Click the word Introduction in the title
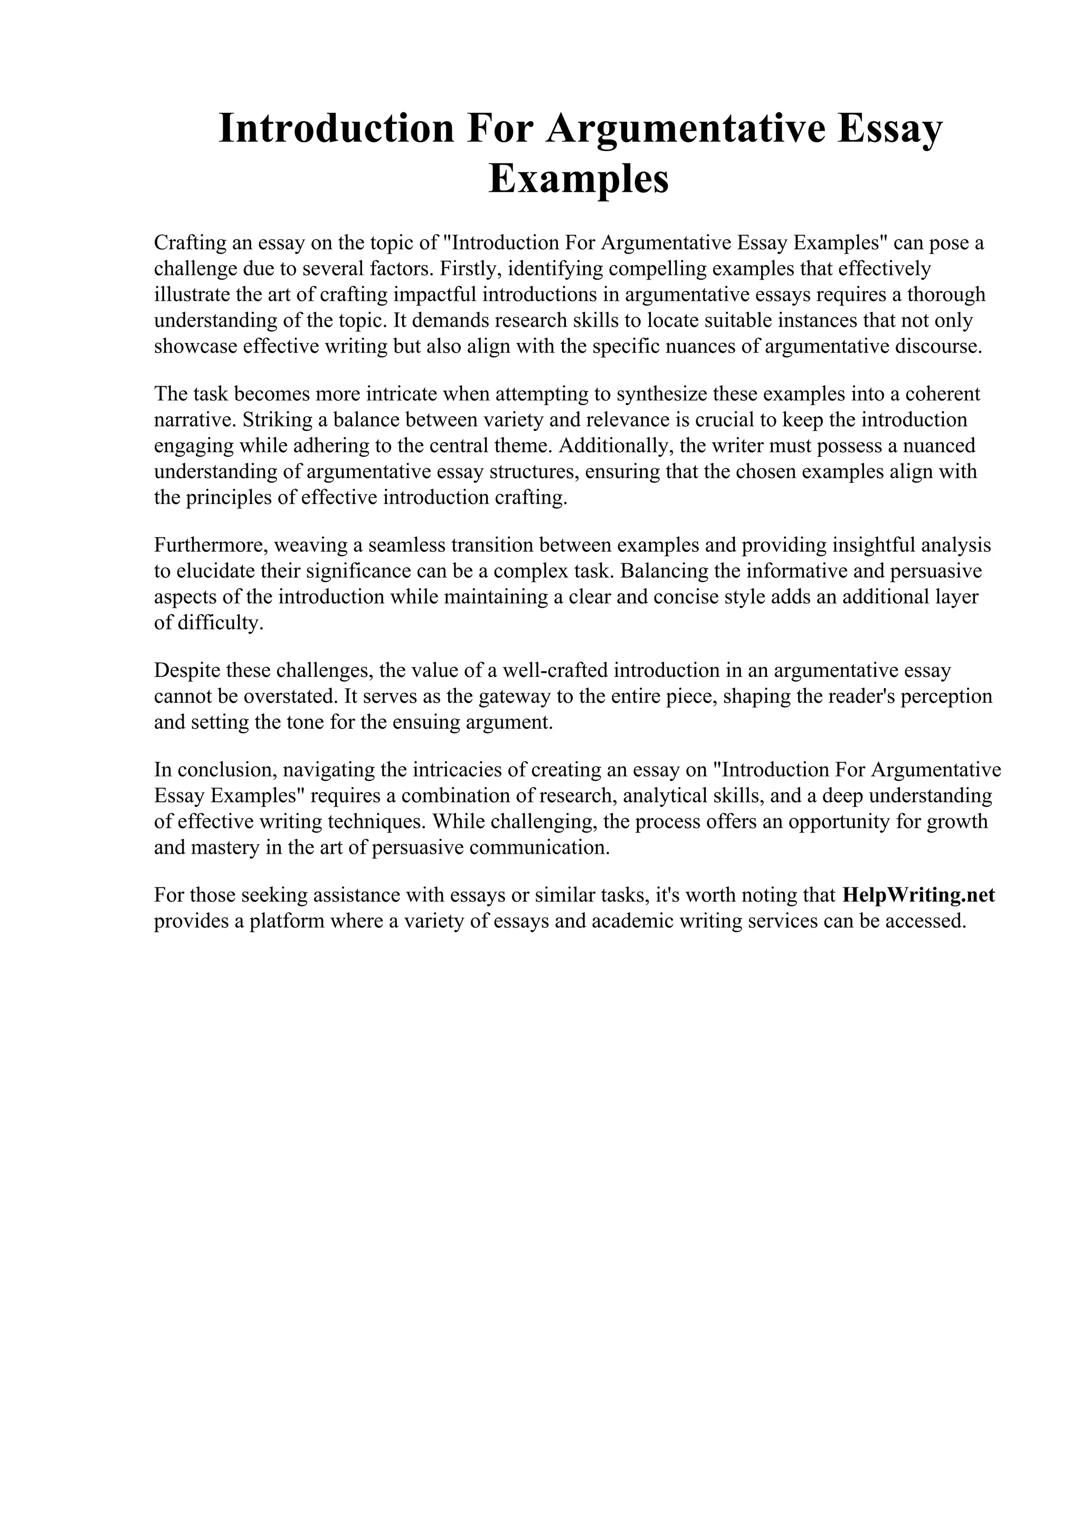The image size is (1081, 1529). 336,129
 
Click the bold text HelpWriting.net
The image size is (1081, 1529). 918,894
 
